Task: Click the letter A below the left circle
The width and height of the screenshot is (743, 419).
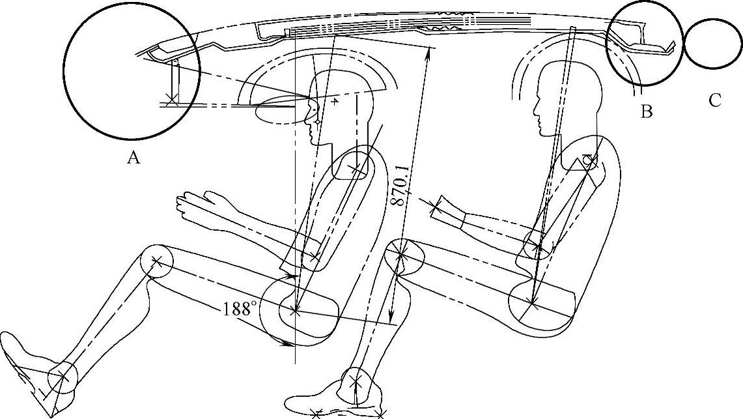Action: click(133, 157)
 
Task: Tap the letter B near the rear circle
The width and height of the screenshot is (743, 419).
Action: click(647, 111)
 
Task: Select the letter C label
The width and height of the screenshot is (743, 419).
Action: click(714, 100)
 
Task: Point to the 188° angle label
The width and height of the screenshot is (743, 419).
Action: click(240, 309)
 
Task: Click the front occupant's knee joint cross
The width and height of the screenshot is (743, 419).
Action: click(158, 261)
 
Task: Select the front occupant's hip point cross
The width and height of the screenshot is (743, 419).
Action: click(295, 310)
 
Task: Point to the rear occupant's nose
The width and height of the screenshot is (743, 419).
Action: click(535, 112)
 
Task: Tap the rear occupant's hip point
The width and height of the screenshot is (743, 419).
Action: click(533, 302)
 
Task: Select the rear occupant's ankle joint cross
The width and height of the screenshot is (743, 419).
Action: click(356, 380)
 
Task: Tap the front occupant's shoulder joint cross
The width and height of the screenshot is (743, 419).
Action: click(356, 167)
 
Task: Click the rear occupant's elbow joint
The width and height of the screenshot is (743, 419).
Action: click(537, 246)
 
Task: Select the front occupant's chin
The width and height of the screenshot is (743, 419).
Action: click(314, 141)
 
